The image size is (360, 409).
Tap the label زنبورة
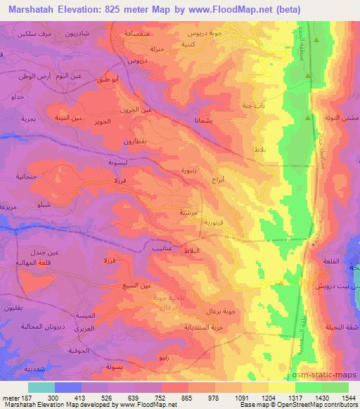(193, 169)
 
